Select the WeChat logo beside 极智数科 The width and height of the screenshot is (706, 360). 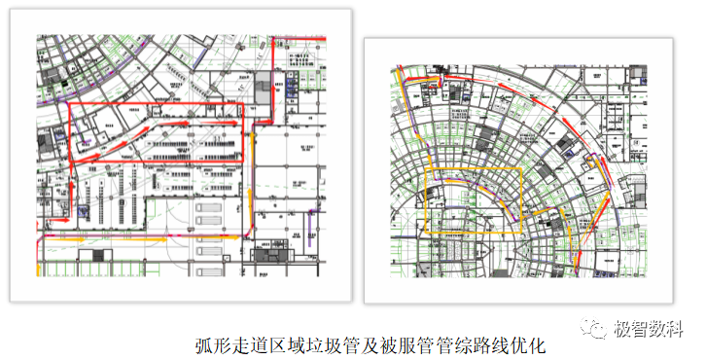pos(596,328)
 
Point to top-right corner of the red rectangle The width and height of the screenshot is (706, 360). pos(240,102)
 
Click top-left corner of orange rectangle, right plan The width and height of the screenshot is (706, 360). pos(426,169)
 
